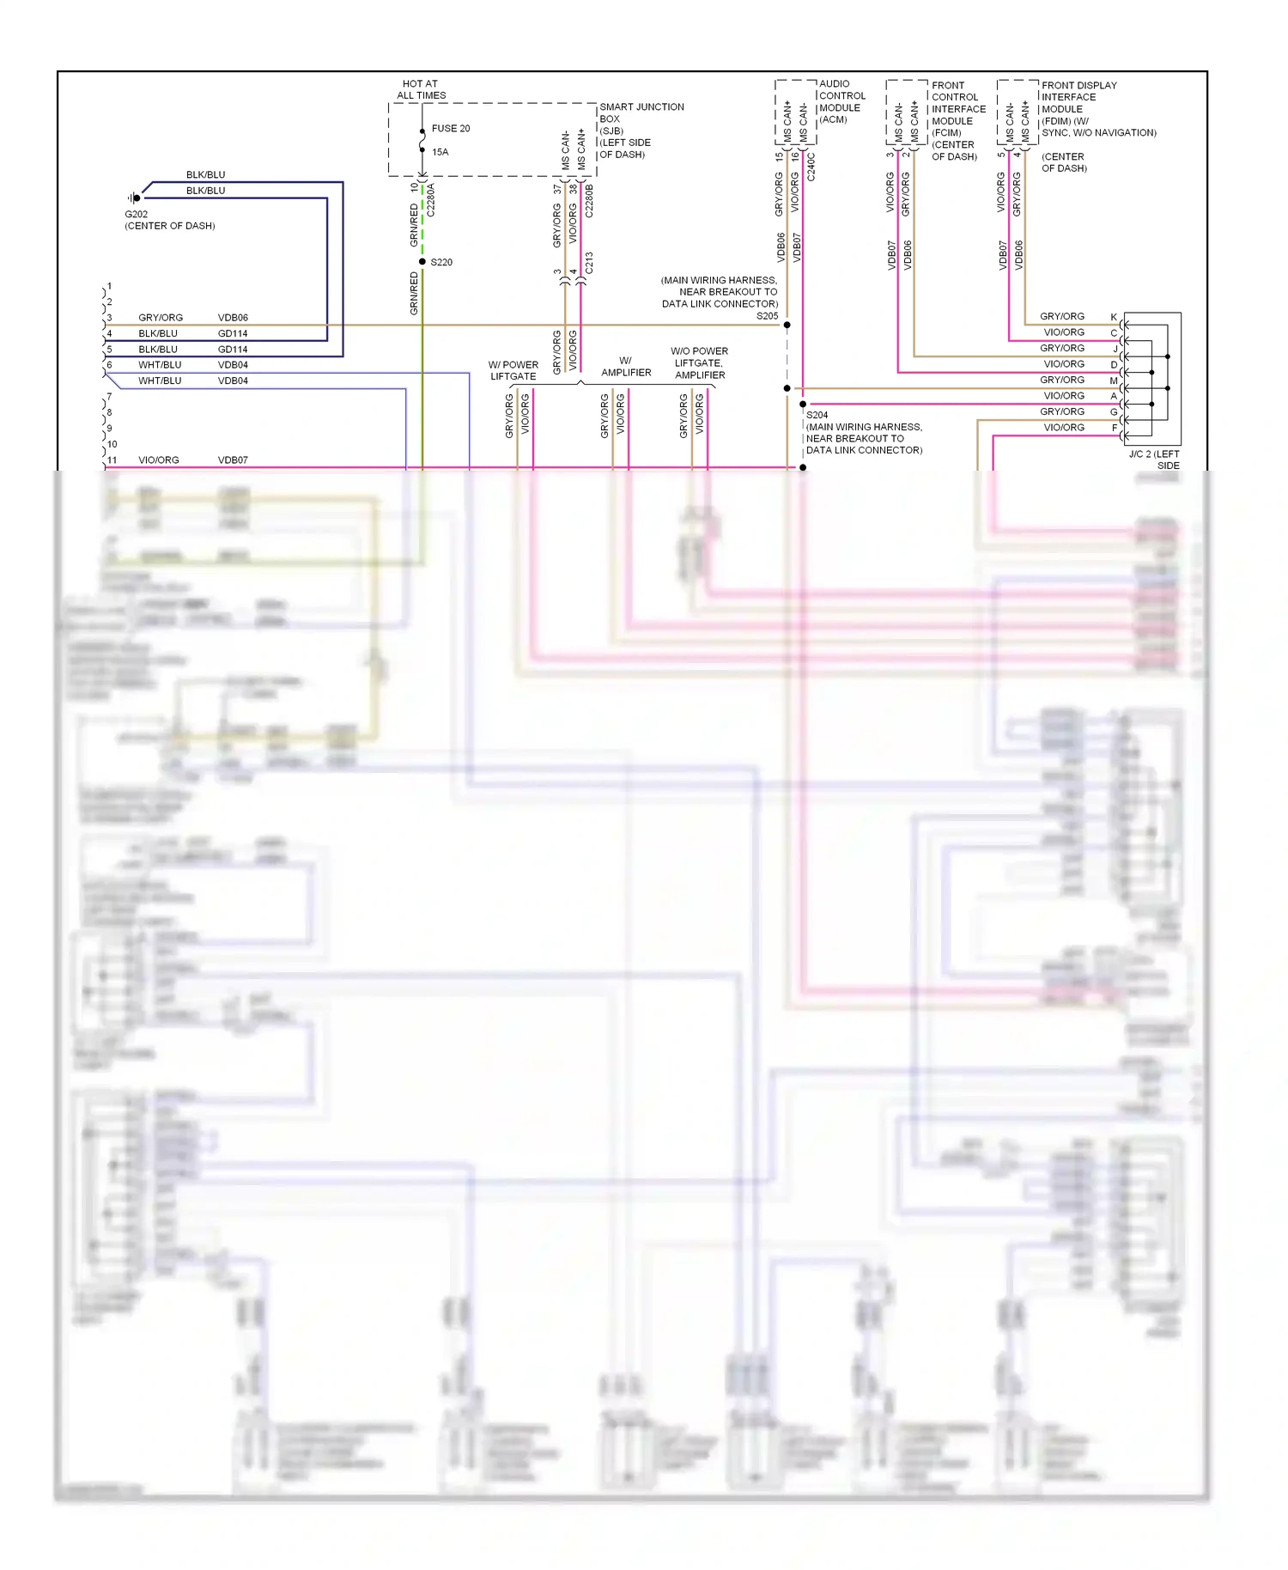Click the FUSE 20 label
point(450,129)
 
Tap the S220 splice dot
point(422,262)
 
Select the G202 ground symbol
point(135,198)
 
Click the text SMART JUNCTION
point(641,107)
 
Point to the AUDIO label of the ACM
point(834,84)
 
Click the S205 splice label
point(767,316)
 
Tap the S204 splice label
point(817,415)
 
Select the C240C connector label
point(811,167)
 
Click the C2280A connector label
point(431,199)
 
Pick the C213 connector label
point(589,263)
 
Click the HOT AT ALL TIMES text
point(421,90)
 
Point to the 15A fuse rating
point(440,152)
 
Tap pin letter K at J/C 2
point(1114,317)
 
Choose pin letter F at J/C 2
point(1115,428)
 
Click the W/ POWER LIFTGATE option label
point(513,371)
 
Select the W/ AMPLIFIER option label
point(626,367)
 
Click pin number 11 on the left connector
point(112,460)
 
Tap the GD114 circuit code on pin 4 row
point(233,333)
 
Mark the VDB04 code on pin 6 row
point(233,365)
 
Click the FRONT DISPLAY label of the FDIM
point(1078,86)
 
